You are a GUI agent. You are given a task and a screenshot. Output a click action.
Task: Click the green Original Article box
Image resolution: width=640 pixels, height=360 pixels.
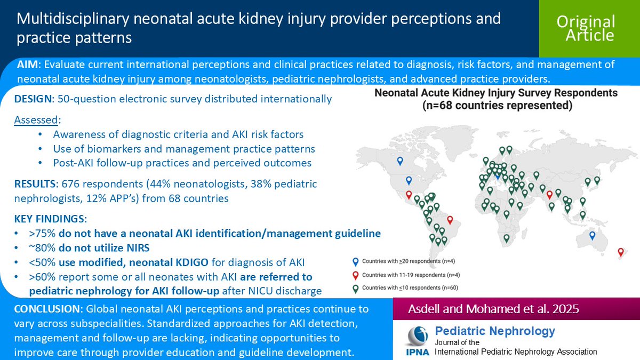pyautogui.click(x=586, y=28)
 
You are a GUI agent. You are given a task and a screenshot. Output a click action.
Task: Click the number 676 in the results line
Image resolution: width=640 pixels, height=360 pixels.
pyautogui.click(x=72, y=184)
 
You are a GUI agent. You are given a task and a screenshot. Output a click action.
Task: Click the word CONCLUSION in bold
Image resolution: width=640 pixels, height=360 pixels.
pyautogui.click(x=45, y=309)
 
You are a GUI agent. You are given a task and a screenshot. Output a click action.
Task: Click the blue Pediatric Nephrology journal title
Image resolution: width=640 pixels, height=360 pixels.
pyautogui.click(x=495, y=331)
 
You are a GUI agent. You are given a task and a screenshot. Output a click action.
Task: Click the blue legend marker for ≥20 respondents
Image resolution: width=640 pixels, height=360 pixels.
pyautogui.click(x=356, y=261)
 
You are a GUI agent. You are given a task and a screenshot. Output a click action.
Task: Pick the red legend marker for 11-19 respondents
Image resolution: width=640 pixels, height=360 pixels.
pyautogui.click(x=356, y=275)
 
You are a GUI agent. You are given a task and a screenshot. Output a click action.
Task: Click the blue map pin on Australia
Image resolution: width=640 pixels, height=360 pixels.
pyautogui.click(x=592, y=235)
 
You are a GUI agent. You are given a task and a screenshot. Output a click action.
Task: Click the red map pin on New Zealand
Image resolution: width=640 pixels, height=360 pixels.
pyautogui.click(x=620, y=251)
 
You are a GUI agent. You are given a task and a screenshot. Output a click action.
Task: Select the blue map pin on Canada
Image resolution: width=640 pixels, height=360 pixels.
pyautogui.click(x=400, y=161)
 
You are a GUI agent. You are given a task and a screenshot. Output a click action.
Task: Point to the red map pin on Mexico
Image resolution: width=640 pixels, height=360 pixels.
pyautogui.click(x=409, y=194)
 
